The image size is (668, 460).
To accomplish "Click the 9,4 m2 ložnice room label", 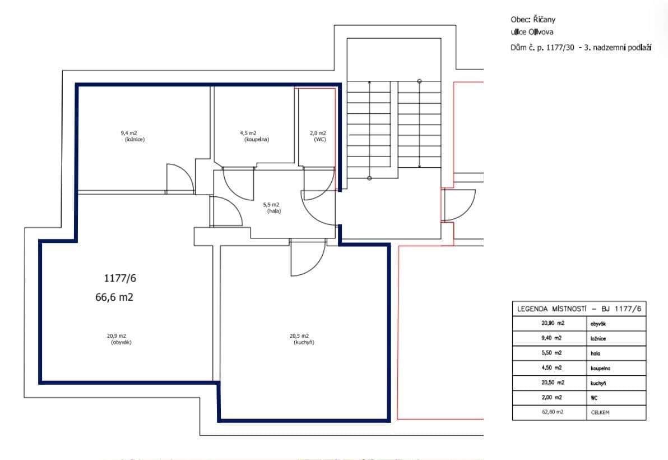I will (132, 136).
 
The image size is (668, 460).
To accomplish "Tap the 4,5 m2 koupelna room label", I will (256, 136).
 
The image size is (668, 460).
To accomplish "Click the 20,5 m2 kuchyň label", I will (301, 339).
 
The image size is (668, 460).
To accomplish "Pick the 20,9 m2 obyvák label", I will (119, 339).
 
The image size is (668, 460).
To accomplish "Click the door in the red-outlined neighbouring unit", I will (458, 205).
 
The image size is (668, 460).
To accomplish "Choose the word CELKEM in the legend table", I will (600, 412).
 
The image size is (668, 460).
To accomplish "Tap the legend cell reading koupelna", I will (600, 368).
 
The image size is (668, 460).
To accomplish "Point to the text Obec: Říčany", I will (533, 20).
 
